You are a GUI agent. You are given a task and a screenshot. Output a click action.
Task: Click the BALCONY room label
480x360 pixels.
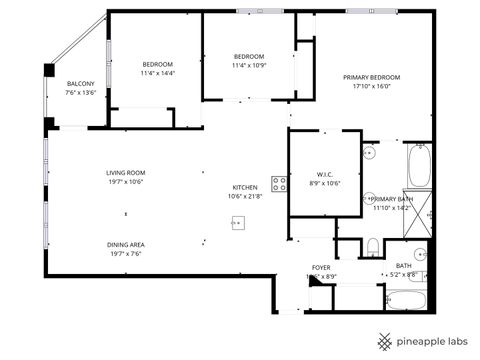80,83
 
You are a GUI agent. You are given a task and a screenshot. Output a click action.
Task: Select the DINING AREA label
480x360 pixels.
126,244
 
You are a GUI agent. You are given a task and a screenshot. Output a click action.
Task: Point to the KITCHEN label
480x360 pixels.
245,187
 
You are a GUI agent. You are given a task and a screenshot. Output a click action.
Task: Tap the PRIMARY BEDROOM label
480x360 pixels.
371,77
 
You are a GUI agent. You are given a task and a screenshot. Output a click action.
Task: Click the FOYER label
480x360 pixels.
320,268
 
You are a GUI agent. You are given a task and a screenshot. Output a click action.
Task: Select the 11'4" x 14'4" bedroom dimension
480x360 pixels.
157,73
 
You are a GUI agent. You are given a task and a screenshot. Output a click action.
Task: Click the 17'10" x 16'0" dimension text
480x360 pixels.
371,86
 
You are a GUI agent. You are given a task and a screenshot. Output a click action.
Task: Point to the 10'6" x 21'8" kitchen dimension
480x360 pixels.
245,196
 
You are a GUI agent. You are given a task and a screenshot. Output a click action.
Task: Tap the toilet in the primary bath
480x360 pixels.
371,246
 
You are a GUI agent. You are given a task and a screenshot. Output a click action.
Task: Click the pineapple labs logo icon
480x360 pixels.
383,341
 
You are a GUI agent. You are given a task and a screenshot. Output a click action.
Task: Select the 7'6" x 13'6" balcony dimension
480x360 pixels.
80,92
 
